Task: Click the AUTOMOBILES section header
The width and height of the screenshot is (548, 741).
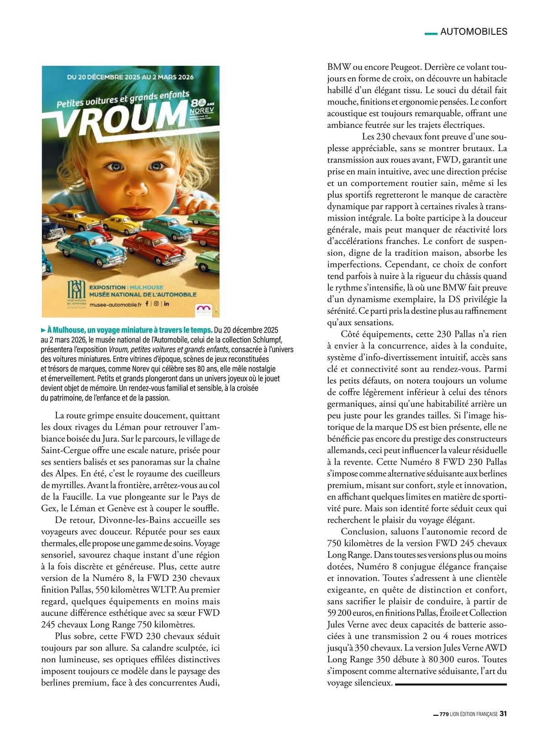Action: (x=474, y=32)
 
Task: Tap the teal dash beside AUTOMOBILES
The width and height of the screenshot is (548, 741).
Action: (x=431, y=33)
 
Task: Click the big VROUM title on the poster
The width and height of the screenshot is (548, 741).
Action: (x=119, y=118)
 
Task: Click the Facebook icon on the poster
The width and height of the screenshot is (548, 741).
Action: (x=147, y=303)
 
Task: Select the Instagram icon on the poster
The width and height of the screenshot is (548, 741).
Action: (x=156, y=303)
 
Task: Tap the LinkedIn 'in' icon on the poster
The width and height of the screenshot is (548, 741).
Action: (x=167, y=303)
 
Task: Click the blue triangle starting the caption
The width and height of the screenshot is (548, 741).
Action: (x=43, y=330)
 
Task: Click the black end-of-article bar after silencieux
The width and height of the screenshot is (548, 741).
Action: (x=451, y=684)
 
